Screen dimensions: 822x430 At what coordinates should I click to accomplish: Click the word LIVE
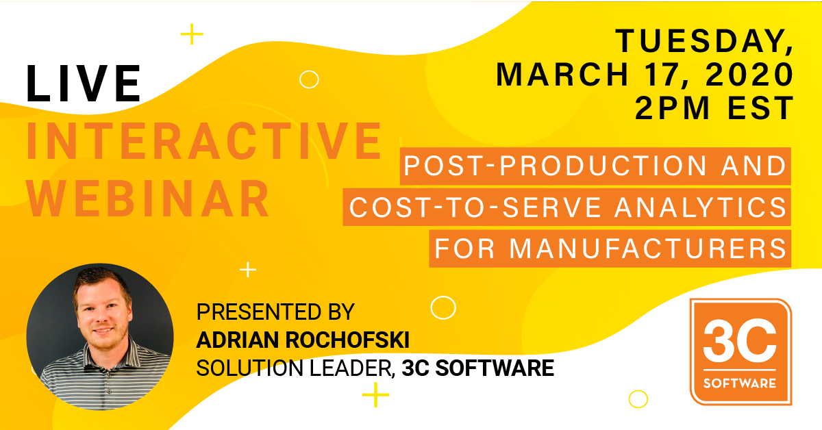84,84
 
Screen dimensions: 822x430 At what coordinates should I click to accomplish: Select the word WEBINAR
148,199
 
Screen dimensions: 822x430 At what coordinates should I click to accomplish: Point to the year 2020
749,75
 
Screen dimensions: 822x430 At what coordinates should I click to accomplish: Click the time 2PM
672,107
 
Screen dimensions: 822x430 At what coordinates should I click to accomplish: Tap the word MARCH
562,75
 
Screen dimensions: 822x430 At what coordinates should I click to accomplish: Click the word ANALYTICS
701,207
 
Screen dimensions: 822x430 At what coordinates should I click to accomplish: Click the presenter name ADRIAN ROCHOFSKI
303,340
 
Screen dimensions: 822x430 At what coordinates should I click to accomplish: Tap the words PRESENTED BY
275,312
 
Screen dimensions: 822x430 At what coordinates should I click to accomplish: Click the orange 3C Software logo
740,352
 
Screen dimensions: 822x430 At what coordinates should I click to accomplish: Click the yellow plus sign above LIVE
192,34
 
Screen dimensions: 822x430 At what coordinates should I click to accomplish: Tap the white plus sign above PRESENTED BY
248,270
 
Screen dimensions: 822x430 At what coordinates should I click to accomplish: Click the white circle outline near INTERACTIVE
309,79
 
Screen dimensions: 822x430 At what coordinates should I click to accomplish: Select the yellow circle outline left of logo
638,399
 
